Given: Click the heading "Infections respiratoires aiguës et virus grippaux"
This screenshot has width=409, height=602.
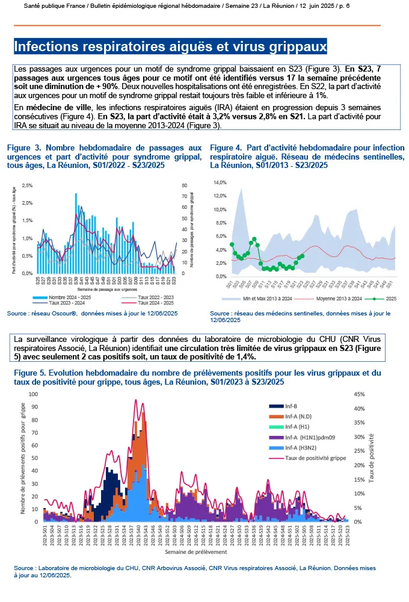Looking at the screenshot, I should pyautogui.click(x=170, y=46).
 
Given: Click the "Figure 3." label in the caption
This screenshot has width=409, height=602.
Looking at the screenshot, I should pyautogui.click(x=25, y=147).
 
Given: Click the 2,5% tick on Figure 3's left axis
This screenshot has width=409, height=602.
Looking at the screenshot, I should pyautogui.click(x=27, y=185).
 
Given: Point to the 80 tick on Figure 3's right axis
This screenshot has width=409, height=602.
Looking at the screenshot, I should pyautogui.click(x=184, y=185).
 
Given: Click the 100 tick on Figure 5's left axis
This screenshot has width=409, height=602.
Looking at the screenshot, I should pyautogui.click(x=33, y=395).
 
